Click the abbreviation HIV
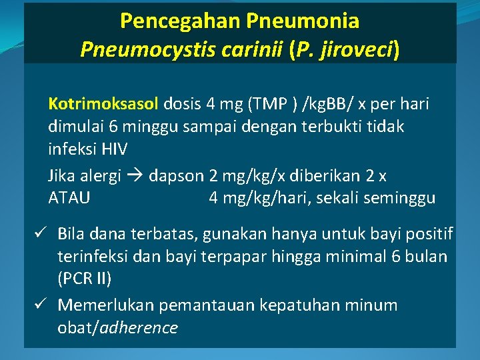pyautogui.click(x=112, y=149)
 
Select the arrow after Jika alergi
pyautogui.click(x=135, y=176)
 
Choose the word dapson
pyautogui.click(x=177, y=176)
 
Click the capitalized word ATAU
pyautogui.click(x=69, y=198)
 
